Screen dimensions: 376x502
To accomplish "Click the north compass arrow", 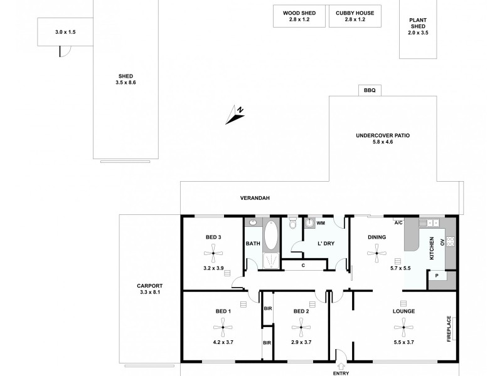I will point(237,113).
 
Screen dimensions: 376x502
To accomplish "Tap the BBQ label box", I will point(370,90).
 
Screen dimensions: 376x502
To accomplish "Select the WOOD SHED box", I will point(299,16).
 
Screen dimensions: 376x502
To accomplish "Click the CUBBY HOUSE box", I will point(355,16).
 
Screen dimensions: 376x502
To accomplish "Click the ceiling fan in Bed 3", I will point(213,254).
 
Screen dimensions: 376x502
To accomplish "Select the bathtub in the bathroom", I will point(272,236).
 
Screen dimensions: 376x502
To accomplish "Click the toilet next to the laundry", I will point(292,224).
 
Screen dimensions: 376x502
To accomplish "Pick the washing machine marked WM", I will point(309,223).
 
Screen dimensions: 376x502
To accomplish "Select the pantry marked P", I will point(437,276).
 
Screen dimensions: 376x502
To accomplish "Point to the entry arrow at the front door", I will point(341,367).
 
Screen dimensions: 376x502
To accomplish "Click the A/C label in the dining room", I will point(398,222).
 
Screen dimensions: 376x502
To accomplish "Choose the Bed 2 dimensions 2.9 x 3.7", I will point(301,342).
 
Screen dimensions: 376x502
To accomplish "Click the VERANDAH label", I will point(255,198).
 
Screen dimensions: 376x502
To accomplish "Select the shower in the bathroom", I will point(272,263).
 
